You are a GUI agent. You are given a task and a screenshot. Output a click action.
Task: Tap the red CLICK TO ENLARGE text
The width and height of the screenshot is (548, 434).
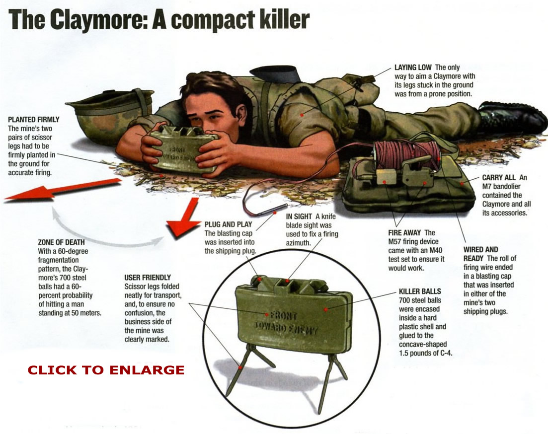click(x=106, y=370)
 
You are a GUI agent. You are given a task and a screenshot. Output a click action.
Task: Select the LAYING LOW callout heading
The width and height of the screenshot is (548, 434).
click(x=413, y=67)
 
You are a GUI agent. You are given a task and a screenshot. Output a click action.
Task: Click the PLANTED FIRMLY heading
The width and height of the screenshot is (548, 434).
click(x=34, y=120)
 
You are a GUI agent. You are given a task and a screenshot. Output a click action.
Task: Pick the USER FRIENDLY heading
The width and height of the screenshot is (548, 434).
click(x=148, y=277)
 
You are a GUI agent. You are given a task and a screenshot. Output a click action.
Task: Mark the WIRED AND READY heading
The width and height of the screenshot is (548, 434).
click(x=481, y=249)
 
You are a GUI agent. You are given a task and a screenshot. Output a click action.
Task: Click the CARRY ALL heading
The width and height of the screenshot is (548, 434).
click(x=499, y=177)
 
